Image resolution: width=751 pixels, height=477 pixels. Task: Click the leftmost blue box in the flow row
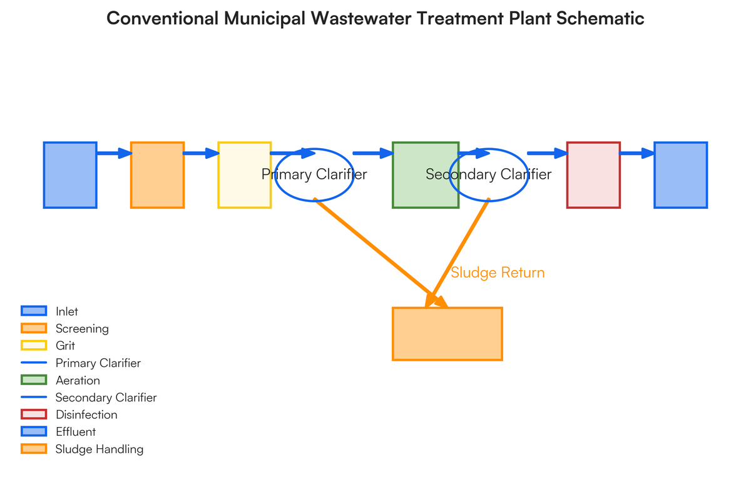click(70, 175)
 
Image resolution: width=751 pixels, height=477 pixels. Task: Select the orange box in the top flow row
click(157, 175)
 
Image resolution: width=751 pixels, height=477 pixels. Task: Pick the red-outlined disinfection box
click(593, 175)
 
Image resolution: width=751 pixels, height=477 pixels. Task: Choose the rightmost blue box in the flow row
click(681, 175)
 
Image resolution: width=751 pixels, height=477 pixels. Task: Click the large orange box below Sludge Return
click(447, 334)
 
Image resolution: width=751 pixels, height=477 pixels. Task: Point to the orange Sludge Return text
click(498, 273)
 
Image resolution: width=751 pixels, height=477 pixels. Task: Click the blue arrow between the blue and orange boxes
click(114, 153)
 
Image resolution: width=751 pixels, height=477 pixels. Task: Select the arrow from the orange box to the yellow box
click(201, 153)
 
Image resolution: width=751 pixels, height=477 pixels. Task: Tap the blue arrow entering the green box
click(372, 153)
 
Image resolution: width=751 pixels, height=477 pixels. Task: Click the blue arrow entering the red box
click(547, 153)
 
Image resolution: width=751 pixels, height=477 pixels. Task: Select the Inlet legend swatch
click(34, 311)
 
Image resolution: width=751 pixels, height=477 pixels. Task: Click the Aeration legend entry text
click(78, 380)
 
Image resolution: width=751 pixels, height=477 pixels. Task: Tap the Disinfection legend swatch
click(34, 414)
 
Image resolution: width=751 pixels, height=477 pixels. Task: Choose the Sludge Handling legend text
click(99, 449)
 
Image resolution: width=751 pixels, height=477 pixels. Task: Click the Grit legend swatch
click(34, 346)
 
